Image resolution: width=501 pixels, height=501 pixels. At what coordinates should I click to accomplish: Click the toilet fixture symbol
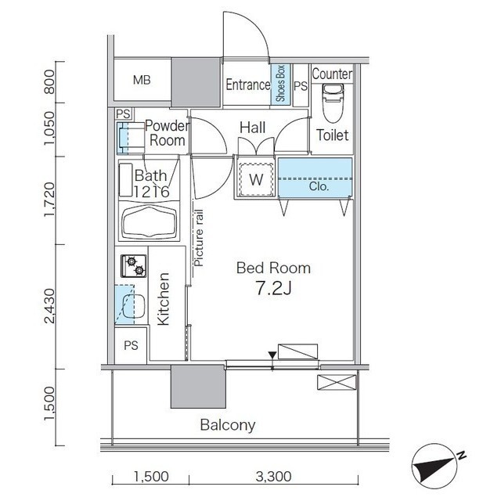[333, 103]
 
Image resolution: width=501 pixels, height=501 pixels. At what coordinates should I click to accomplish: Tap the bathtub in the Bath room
[150, 222]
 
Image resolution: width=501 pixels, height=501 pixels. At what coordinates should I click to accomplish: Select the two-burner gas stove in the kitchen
[134, 266]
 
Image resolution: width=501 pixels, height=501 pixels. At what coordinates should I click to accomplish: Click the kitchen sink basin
[134, 306]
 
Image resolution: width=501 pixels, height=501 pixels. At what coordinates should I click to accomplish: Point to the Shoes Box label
[280, 84]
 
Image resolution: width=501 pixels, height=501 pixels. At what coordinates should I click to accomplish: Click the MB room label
[142, 80]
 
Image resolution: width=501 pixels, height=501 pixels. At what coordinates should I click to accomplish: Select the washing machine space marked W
[256, 179]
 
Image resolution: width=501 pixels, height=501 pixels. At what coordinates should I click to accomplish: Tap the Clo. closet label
[319, 186]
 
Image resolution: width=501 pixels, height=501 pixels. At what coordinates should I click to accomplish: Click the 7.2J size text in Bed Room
[274, 288]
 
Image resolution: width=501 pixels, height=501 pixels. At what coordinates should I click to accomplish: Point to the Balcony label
[228, 425]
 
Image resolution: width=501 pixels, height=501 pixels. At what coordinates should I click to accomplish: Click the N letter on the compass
[461, 456]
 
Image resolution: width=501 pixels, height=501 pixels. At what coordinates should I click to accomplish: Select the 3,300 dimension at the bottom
[273, 477]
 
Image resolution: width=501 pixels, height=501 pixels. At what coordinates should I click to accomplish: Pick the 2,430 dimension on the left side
[50, 306]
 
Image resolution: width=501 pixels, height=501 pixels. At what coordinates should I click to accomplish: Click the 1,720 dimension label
[50, 200]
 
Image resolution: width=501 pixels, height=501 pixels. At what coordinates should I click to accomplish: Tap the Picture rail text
[199, 238]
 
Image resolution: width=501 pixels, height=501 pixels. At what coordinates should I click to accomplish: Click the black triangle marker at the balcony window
[272, 355]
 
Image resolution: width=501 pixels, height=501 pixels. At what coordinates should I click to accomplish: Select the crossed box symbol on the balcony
[337, 382]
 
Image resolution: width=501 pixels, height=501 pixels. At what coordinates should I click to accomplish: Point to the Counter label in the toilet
[332, 74]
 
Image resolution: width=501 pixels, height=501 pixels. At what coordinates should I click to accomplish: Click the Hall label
[252, 128]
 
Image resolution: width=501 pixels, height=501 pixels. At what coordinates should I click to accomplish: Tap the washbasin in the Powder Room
[132, 138]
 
